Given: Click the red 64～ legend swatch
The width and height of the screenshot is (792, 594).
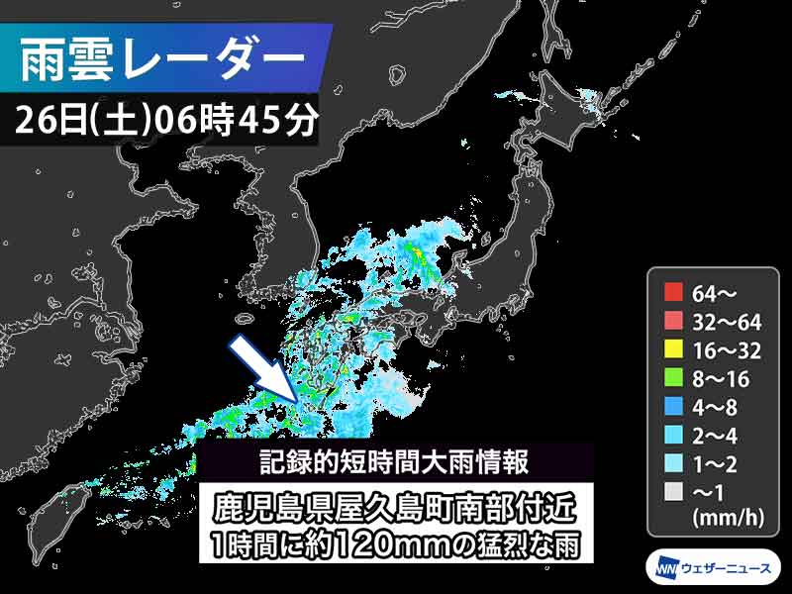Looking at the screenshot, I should pyautogui.click(x=674, y=292).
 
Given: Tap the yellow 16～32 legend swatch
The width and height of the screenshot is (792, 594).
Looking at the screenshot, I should pyautogui.click(x=674, y=348).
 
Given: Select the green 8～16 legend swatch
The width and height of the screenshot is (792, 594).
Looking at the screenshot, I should pyautogui.click(x=674, y=377).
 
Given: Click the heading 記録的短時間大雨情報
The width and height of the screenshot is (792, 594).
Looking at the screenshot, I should pyautogui.click(x=397, y=461).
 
